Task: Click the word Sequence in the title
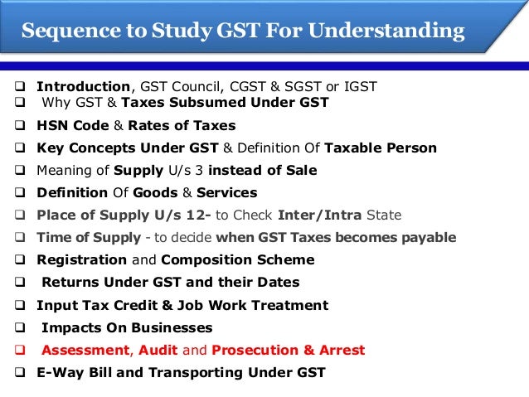[63, 32]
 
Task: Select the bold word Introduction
[83, 87]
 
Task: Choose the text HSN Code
[71, 126]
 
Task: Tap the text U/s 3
[205, 171]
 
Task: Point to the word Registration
[81, 260]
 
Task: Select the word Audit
[158, 350]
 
